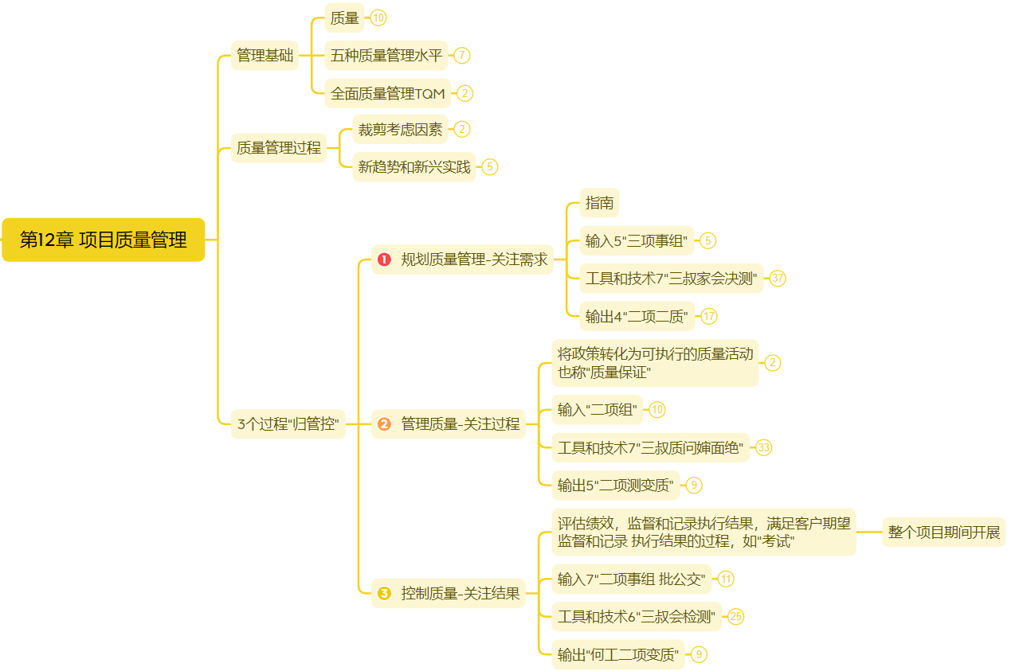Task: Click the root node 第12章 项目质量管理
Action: [x=103, y=240]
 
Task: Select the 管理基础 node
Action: [x=265, y=56]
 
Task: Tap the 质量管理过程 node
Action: [x=278, y=147]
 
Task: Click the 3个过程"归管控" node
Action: [x=288, y=423]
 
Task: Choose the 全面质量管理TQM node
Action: [x=387, y=93]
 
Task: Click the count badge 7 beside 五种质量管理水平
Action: [x=461, y=56]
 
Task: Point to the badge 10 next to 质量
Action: [x=378, y=18]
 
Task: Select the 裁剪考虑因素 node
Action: [x=400, y=129]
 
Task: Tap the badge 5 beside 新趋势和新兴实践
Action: [x=490, y=167]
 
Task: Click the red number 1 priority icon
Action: [x=385, y=259]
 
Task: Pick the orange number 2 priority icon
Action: [x=385, y=424]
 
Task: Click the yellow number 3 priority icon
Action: [x=385, y=593]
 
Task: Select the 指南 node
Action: [x=599, y=203]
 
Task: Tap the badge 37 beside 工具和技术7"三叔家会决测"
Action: [x=778, y=279]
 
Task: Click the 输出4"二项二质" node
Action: [x=637, y=316]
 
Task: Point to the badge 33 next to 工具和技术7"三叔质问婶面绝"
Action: [x=764, y=447]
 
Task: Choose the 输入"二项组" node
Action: [x=597, y=410]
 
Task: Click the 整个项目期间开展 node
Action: [x=943, y=532]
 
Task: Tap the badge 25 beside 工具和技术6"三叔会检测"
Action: [x=736, y=617]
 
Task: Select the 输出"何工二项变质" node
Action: [x=617, y=654]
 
